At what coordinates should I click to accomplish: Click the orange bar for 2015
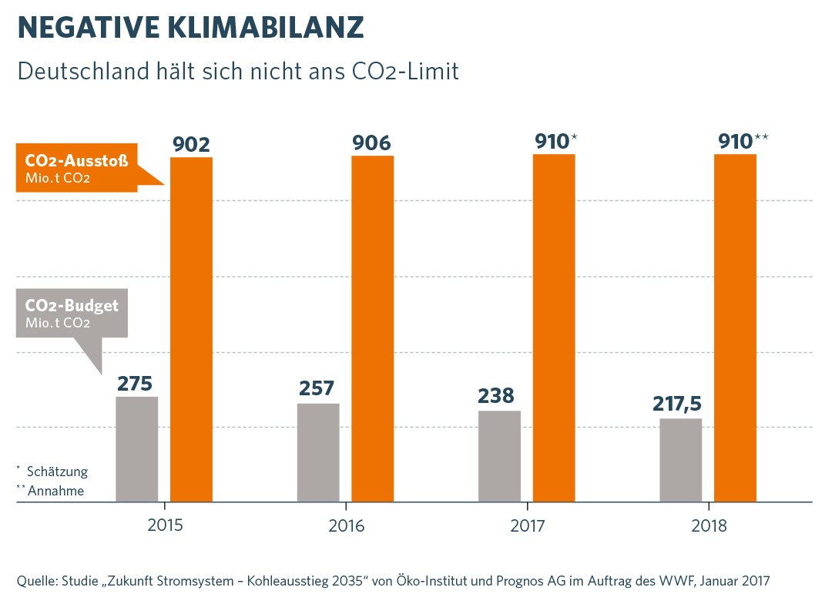click(x=191, y=329)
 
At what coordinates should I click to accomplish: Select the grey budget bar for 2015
click(x=136, y=449)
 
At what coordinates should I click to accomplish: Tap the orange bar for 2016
click(x=372, y=329)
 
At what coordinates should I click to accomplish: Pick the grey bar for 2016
click(x=318, y=452)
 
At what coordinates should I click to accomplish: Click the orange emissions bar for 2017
click(x=554, y=327)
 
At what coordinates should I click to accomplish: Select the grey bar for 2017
click(x=499, y=456)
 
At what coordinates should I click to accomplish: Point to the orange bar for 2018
click(x=735, y=327)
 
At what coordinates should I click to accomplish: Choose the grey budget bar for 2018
click(x=680, y=460)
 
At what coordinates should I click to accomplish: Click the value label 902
click(x=191, y=145)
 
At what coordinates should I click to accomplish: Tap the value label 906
click(x=372, y=143)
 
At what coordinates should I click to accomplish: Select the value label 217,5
click(x=677, y=404)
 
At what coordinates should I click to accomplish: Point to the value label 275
click(x=135, y=383)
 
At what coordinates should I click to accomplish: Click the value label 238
click(x=496, y=396)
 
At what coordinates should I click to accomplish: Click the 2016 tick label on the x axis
click(x=346, y=527)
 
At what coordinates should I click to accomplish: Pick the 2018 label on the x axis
click(x=709, y=527)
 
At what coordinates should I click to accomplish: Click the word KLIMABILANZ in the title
click(x=265, y=29)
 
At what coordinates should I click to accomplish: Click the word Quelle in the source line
click(x=35, y=580)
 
